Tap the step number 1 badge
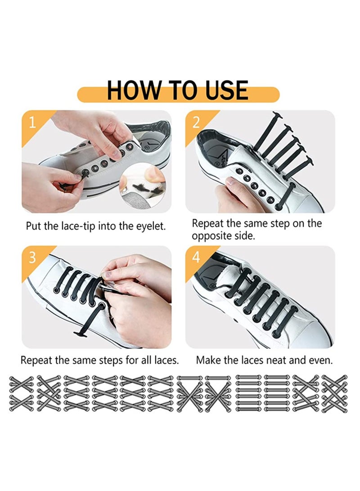click(32, 122)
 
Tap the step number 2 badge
click(196, 122)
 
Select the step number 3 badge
click(32, 257)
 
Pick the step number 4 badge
click(196, 257)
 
